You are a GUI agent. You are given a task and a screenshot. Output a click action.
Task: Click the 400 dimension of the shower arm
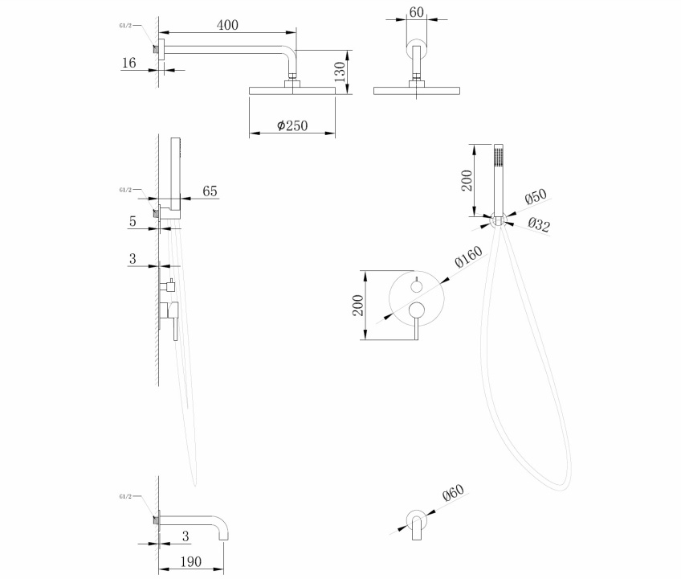tap(227, 26)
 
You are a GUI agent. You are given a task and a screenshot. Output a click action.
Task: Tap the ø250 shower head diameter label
tap(292, 125)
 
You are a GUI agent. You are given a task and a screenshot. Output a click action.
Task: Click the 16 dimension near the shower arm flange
tap(128, 63)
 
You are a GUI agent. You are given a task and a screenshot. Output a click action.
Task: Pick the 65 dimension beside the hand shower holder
tap(210, 191)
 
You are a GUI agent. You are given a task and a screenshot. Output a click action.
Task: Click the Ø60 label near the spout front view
tap(453, 497)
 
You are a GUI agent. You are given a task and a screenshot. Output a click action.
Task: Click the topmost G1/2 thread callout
tap(125, 25)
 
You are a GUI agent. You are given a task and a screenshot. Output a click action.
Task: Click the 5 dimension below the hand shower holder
tap(132, 220)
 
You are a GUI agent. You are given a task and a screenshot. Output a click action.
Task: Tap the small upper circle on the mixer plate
tap(416, 286)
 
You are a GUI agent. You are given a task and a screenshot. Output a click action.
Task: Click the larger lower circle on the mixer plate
tap(416, 311)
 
